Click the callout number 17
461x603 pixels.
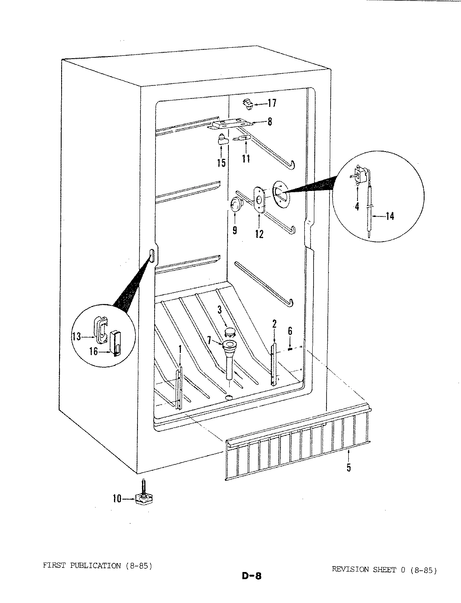click(272, 103)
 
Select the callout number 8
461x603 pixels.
click(269, 122)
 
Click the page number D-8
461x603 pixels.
click(251, 576)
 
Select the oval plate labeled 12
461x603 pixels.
click(259, 201)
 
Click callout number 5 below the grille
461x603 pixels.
click(349, 467)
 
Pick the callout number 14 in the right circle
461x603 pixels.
click(389, 216)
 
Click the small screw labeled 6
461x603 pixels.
click(290, 348)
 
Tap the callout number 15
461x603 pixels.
click(221, 162)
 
